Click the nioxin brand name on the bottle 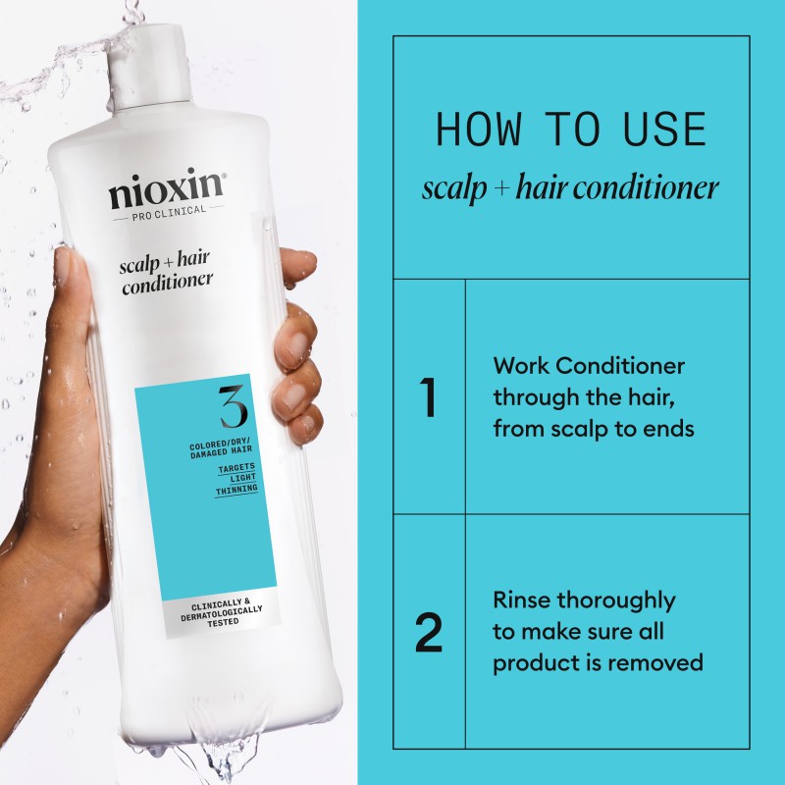coord(167,191)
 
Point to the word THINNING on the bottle coord(237,488)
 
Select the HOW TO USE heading coord(570,131)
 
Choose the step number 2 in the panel coord(428,633)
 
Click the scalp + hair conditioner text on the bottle coord(167,276)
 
